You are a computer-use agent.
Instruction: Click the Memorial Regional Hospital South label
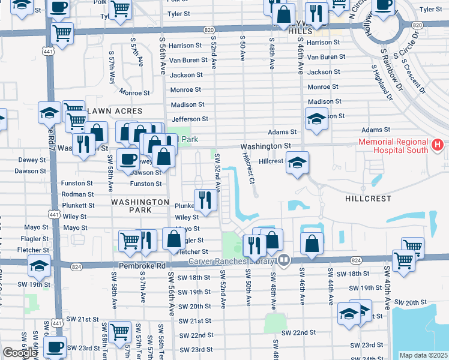point(393,146)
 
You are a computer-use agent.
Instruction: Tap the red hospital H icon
point(437,145)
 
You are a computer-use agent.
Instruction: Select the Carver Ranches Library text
point(232,261)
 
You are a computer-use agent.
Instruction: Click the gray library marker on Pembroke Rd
point(284,260)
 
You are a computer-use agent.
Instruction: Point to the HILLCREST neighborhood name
point(369,198)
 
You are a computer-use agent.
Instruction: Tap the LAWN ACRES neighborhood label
point(115,111)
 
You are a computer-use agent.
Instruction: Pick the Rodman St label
point(78,194)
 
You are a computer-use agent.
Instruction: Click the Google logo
point(20,352)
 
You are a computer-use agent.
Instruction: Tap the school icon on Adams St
point(316,118)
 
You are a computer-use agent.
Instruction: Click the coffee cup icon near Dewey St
point(127,159)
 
